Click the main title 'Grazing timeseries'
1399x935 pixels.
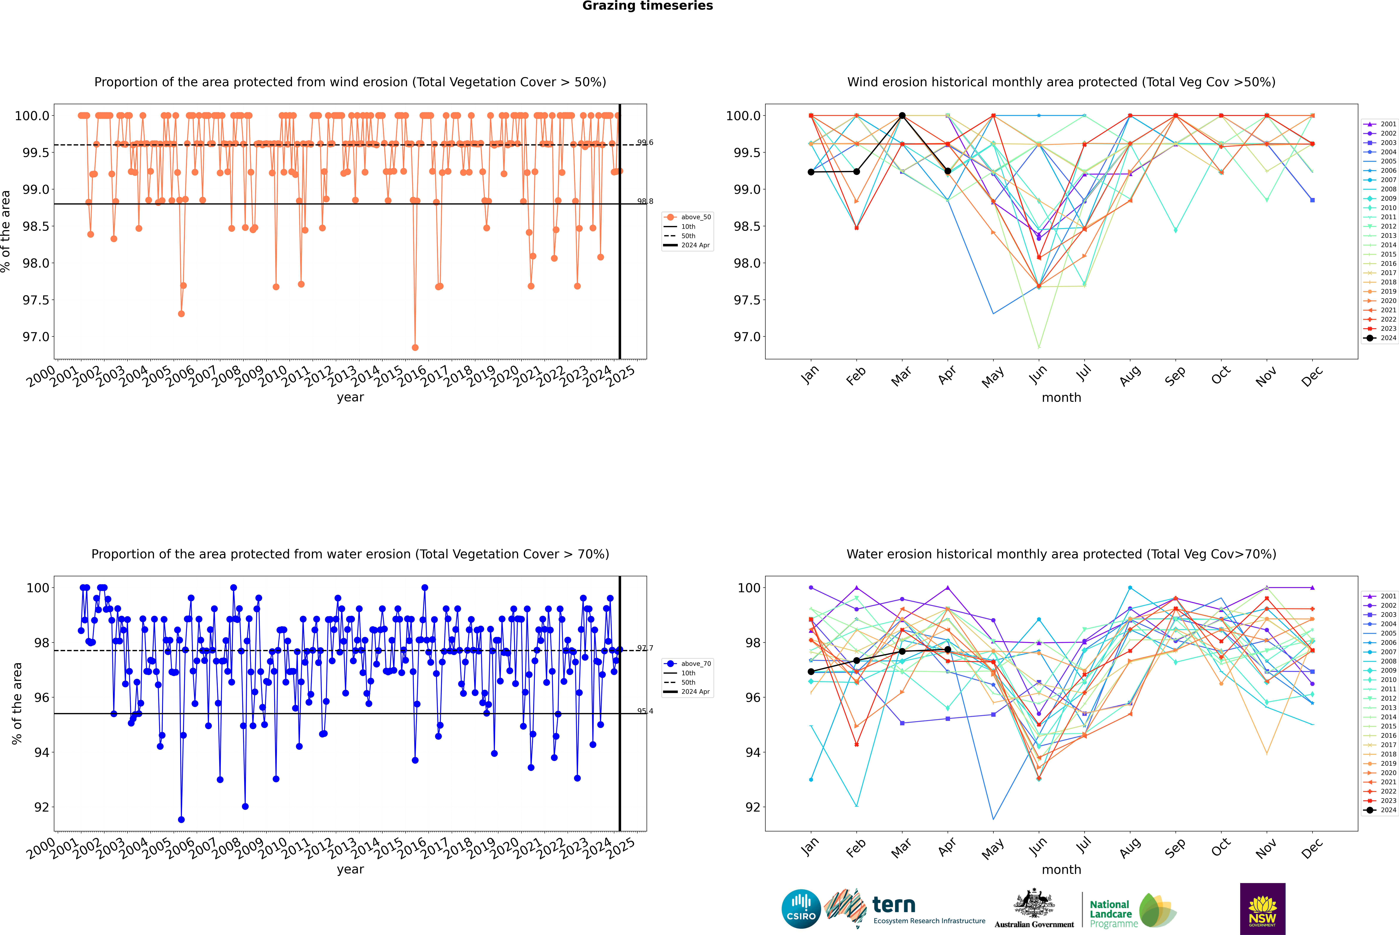648,6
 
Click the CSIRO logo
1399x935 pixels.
801,909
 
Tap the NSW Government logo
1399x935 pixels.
1262,909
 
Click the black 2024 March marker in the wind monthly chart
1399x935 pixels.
902,116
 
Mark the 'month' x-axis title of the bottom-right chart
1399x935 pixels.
1061,869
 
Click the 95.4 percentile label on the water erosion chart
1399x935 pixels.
645,711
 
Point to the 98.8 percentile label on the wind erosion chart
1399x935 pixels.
645,202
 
